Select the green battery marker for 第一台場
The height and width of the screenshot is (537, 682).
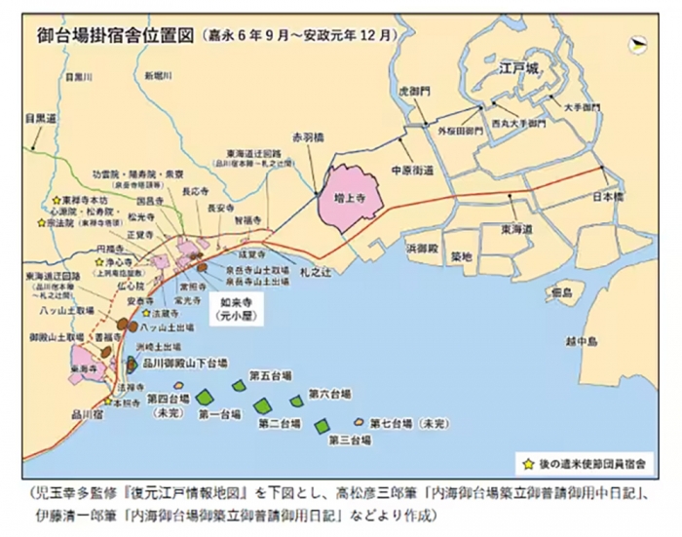tap(205, 396)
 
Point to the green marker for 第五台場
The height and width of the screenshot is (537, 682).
tap(238, 386)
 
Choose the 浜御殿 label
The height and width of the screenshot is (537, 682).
tap(422, 249)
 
